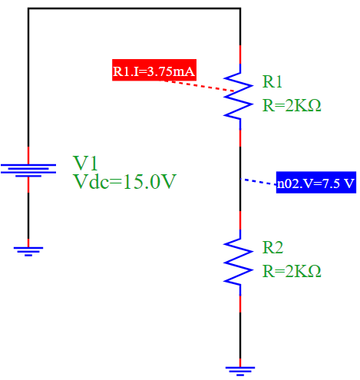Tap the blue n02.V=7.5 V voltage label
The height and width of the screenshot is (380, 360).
[x=315, y=183]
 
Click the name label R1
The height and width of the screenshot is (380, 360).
[x=272, y=81]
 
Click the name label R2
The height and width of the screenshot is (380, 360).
[x=272, y=247]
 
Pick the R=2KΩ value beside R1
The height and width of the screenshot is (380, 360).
[x=291, y=105]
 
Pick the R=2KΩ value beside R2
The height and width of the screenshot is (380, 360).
[x=291, y=271]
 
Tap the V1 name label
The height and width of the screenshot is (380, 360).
[x=85, y=162]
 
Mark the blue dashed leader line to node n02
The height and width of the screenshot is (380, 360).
[x=259, y=182]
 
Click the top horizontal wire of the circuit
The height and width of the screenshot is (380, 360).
[x=134, y=9]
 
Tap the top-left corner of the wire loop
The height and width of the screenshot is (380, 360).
[x=28, y=9]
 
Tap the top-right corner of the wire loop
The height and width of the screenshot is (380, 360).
[x=240, y=9]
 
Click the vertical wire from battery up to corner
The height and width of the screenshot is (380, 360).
[x=28, y=77]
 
